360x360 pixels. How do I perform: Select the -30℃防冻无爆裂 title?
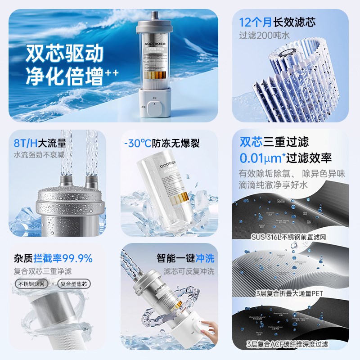[x=162, y=143]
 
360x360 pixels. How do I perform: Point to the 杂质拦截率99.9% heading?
[x=54, y=258]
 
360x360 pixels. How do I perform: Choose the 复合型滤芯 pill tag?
[x=74, y=283]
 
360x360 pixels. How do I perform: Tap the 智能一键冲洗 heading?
[x=185, y=258]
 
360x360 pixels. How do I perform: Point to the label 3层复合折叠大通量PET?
[x=290, y=293]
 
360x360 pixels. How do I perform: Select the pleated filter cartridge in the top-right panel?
[x=297, y=76]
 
